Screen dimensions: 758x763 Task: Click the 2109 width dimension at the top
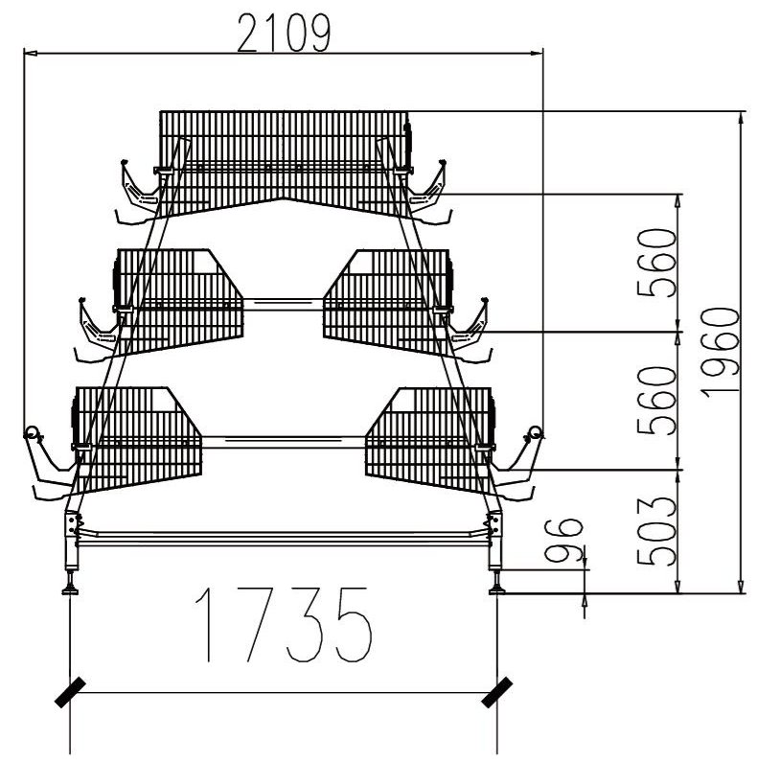click(284, 34)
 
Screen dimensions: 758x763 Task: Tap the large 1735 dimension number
click(284, 624)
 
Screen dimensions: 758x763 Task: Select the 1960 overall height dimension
click(721, 353)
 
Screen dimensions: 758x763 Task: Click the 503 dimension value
click(657, 531)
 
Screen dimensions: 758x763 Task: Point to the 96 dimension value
click(563, 540)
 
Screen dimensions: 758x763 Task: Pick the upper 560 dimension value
click(657, 264)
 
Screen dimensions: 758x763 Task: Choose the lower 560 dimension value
click(657, 401)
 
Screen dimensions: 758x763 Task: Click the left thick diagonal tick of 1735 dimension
click(70, 693)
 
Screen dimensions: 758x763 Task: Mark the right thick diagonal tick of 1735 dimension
click(496, 692)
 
